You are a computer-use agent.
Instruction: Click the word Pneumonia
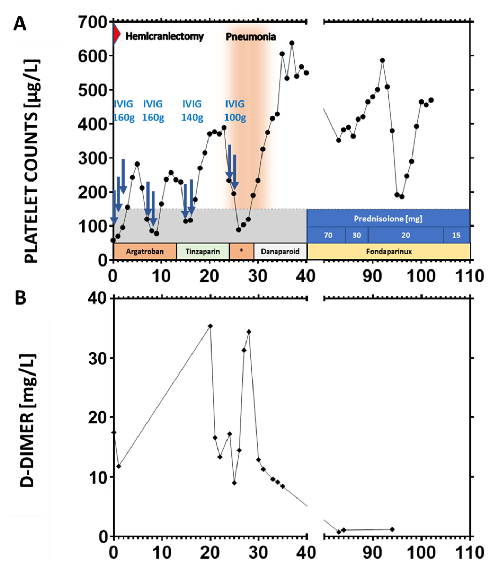(251, 37)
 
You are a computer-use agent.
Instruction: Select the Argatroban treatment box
(145, 252)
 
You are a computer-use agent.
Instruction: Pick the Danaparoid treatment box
(280, 252)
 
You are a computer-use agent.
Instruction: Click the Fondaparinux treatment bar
(389, 252)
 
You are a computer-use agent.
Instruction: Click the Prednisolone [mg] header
(388, 219)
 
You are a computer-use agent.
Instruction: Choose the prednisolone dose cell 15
(456, 235)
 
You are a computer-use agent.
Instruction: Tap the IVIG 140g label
(192, 111)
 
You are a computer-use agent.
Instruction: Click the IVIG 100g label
(235, 111)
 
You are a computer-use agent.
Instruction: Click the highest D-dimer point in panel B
(210, 326)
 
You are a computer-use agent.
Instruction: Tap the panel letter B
(20, 298)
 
